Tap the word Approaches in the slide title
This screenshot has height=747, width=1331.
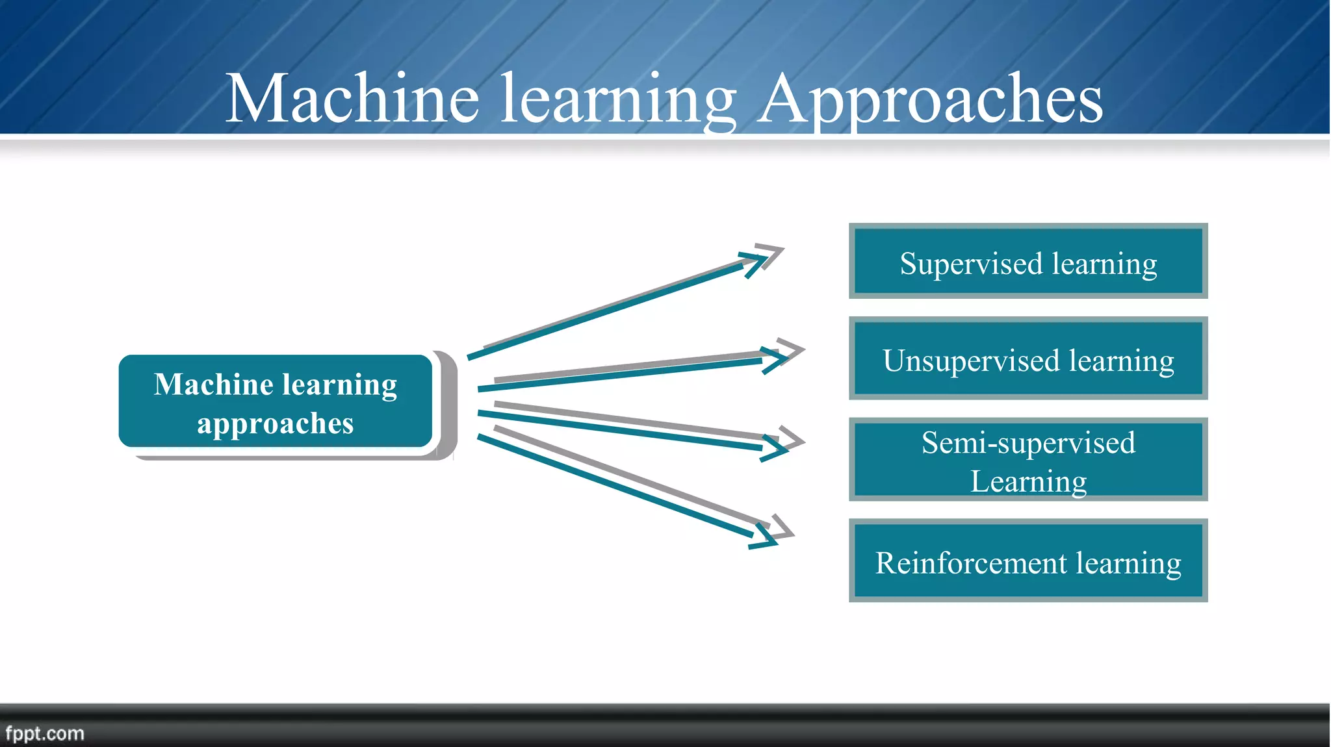tap(931, 99)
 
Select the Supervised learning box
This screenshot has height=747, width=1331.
tap(1027, 261)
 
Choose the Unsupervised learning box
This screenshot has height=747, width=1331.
tap(1027, 358)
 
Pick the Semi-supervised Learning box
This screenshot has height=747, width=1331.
tap(1027, 459)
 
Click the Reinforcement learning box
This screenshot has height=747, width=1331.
tap(1027, 561)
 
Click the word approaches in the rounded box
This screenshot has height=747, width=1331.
tap(276, 424)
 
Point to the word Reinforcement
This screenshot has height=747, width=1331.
tap(970, 563)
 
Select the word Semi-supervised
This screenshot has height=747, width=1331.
tap(1028, 443)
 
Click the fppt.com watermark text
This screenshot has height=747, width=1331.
tap(45, 733)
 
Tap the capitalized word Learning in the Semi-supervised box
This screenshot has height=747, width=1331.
tap(1028, 482)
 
